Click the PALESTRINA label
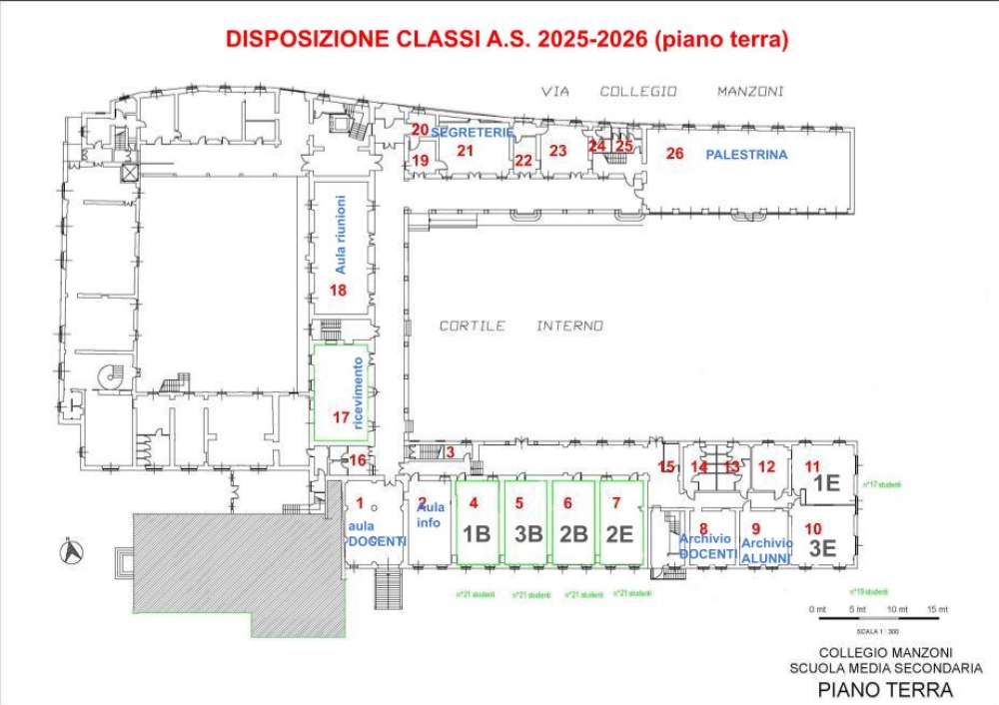(x=746, y=155)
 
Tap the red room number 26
(x=675, y=153)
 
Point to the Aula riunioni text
(x=340, y=235)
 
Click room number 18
(x=338, y=291)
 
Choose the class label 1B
(x=479, y=533)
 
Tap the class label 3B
(x=527, y=533)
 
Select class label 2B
(x=573, y=533)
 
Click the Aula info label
(x=430, y=515)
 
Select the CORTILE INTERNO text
(x=521, y=326)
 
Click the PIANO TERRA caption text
(x=885, y=689)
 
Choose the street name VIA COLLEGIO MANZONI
(x=662, y=91)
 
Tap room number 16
(x=358, y=460)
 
